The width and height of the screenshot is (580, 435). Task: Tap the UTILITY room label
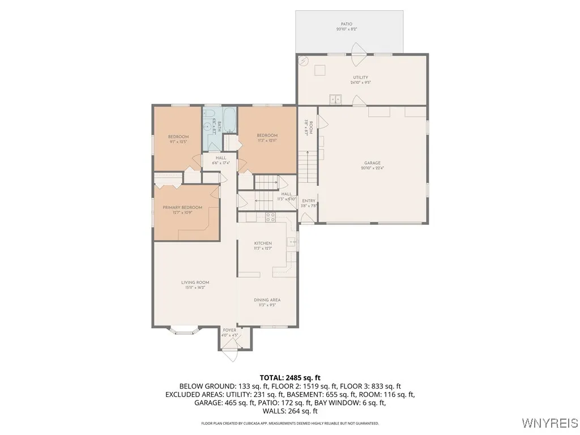(x=360, y=78)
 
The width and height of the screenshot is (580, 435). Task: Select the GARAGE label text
(x=372, y=163)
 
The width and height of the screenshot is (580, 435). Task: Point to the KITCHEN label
(x=263, y=244)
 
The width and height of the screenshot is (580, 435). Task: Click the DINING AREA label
(x=267, y=300)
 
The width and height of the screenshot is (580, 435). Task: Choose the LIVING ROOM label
(x=195, y=283)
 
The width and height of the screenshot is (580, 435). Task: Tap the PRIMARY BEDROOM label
(x=182, y=208)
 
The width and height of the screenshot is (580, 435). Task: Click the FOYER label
(x=229, y=330)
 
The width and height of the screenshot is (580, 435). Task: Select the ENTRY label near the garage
(x=309, y=201)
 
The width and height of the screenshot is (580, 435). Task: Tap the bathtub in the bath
(x=229, y=119)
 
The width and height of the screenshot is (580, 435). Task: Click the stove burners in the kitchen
(x=270, y=216)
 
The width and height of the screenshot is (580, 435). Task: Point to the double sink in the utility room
(x=336, y=99)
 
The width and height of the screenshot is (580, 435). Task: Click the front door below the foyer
(x=230, y=355)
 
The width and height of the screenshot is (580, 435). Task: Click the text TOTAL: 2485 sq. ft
(x=290, y=377)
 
